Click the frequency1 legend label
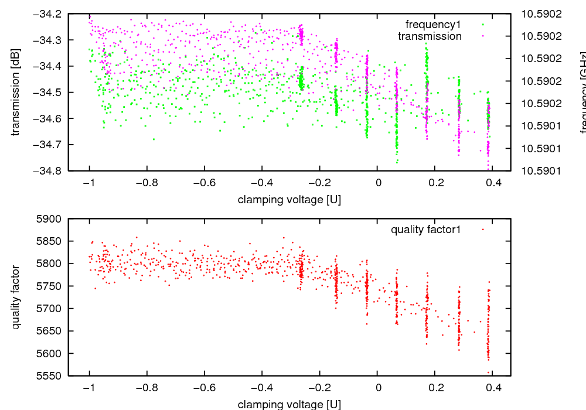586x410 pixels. (433, 25)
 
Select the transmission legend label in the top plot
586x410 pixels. (430, 36)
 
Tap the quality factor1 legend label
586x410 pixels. (425, 230)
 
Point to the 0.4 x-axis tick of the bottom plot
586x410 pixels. (493, 388)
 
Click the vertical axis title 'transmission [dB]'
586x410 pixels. (16, 93)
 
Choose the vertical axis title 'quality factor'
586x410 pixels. (16, 297)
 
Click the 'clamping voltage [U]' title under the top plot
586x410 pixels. (289, 200)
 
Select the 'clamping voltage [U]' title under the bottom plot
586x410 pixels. (289, 404)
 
